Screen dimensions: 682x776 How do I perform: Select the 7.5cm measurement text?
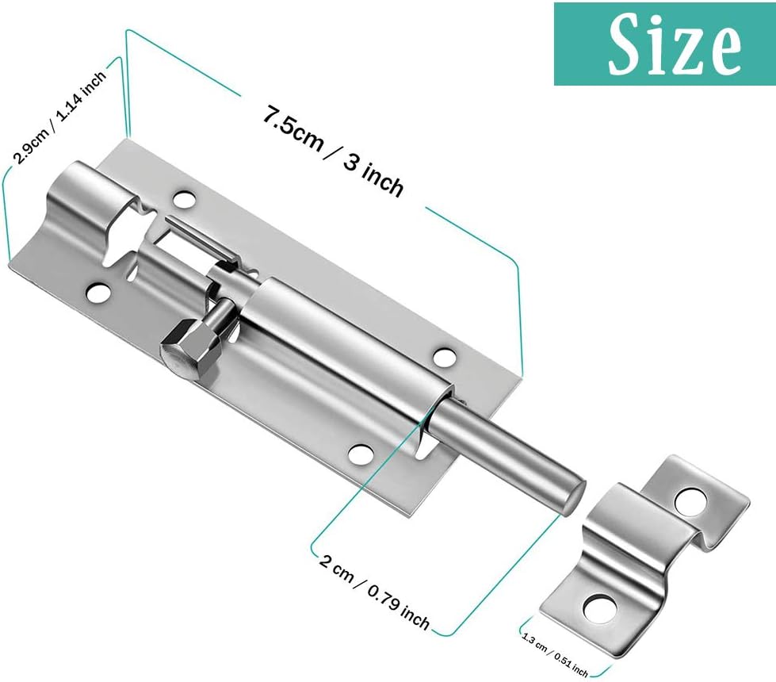[x=292, y=129]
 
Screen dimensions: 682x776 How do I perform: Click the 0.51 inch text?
[x=572, y=664]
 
